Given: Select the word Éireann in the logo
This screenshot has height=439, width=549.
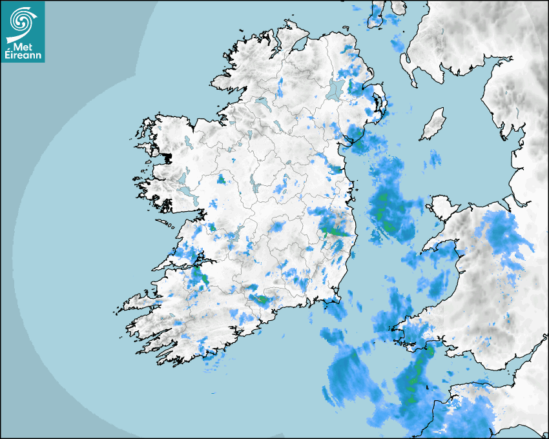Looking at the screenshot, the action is [24, 56].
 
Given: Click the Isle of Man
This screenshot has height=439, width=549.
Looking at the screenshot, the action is [433, 124].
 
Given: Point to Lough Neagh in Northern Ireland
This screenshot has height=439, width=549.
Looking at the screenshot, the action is [335, 90].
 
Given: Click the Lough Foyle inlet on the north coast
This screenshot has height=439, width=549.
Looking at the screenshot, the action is [298, 46].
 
